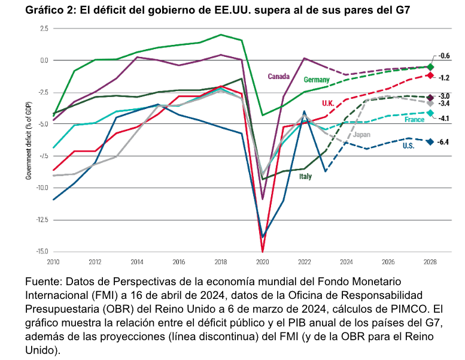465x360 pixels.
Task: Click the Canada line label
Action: [279, 76]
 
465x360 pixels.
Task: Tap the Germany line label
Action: [317, 80]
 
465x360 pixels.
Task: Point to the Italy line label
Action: [305, 177]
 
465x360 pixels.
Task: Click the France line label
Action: [414, 119]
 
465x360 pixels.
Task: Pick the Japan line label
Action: [361, 134]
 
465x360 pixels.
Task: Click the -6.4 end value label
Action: [444, 142]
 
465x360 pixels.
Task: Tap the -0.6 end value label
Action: [444, 56]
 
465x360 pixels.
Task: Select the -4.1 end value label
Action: [444, 119]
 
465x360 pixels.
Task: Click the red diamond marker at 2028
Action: [430, 75]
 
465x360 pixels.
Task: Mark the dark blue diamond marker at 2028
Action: [430, 141]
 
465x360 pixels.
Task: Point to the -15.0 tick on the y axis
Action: [40, 251]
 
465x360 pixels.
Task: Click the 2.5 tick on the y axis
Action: [44, 28]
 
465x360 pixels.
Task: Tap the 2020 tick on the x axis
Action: [262, 262]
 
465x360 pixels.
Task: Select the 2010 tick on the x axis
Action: [54, 262]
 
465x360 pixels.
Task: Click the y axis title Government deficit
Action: [28, 140]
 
